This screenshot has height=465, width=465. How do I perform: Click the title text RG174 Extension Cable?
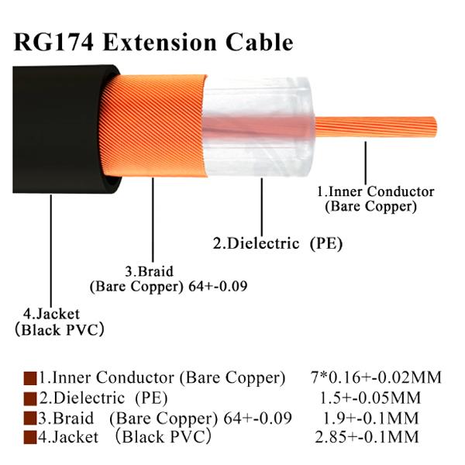(x=153, y=43)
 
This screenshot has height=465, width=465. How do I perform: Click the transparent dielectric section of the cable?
(x=257, y=127)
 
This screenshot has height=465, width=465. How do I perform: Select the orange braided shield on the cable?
(x=154, y=126)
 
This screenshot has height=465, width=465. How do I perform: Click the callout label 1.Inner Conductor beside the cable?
(x=375, y=191)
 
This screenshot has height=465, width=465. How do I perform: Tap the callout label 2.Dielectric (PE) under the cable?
(x=278, y=244)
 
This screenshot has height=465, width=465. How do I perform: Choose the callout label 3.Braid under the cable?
(x=149, y=272)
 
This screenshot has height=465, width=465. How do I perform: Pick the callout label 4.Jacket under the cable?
(x=52, y=315)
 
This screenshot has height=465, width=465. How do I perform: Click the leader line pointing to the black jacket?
(x=51, y=251)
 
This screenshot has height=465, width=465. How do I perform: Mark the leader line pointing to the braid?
(x=153, y=220)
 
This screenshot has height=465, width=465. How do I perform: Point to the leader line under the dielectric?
(x=262, y=207)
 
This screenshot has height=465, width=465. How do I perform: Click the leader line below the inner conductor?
(x=366, y=163)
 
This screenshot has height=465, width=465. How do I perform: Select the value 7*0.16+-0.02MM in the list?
(x=377, y=378)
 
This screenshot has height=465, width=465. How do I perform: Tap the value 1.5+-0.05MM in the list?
(x=370, y=398)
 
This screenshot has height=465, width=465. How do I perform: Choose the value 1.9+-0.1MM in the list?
(x=370, y=418)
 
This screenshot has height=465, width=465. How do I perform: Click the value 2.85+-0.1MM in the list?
(x=367, y=437)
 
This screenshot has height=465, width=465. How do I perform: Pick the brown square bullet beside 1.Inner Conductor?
(x=30, y=379)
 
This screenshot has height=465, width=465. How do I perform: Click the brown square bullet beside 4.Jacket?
(x=30, y=438)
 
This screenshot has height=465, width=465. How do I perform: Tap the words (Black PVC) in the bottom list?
(x=164, y=437)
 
